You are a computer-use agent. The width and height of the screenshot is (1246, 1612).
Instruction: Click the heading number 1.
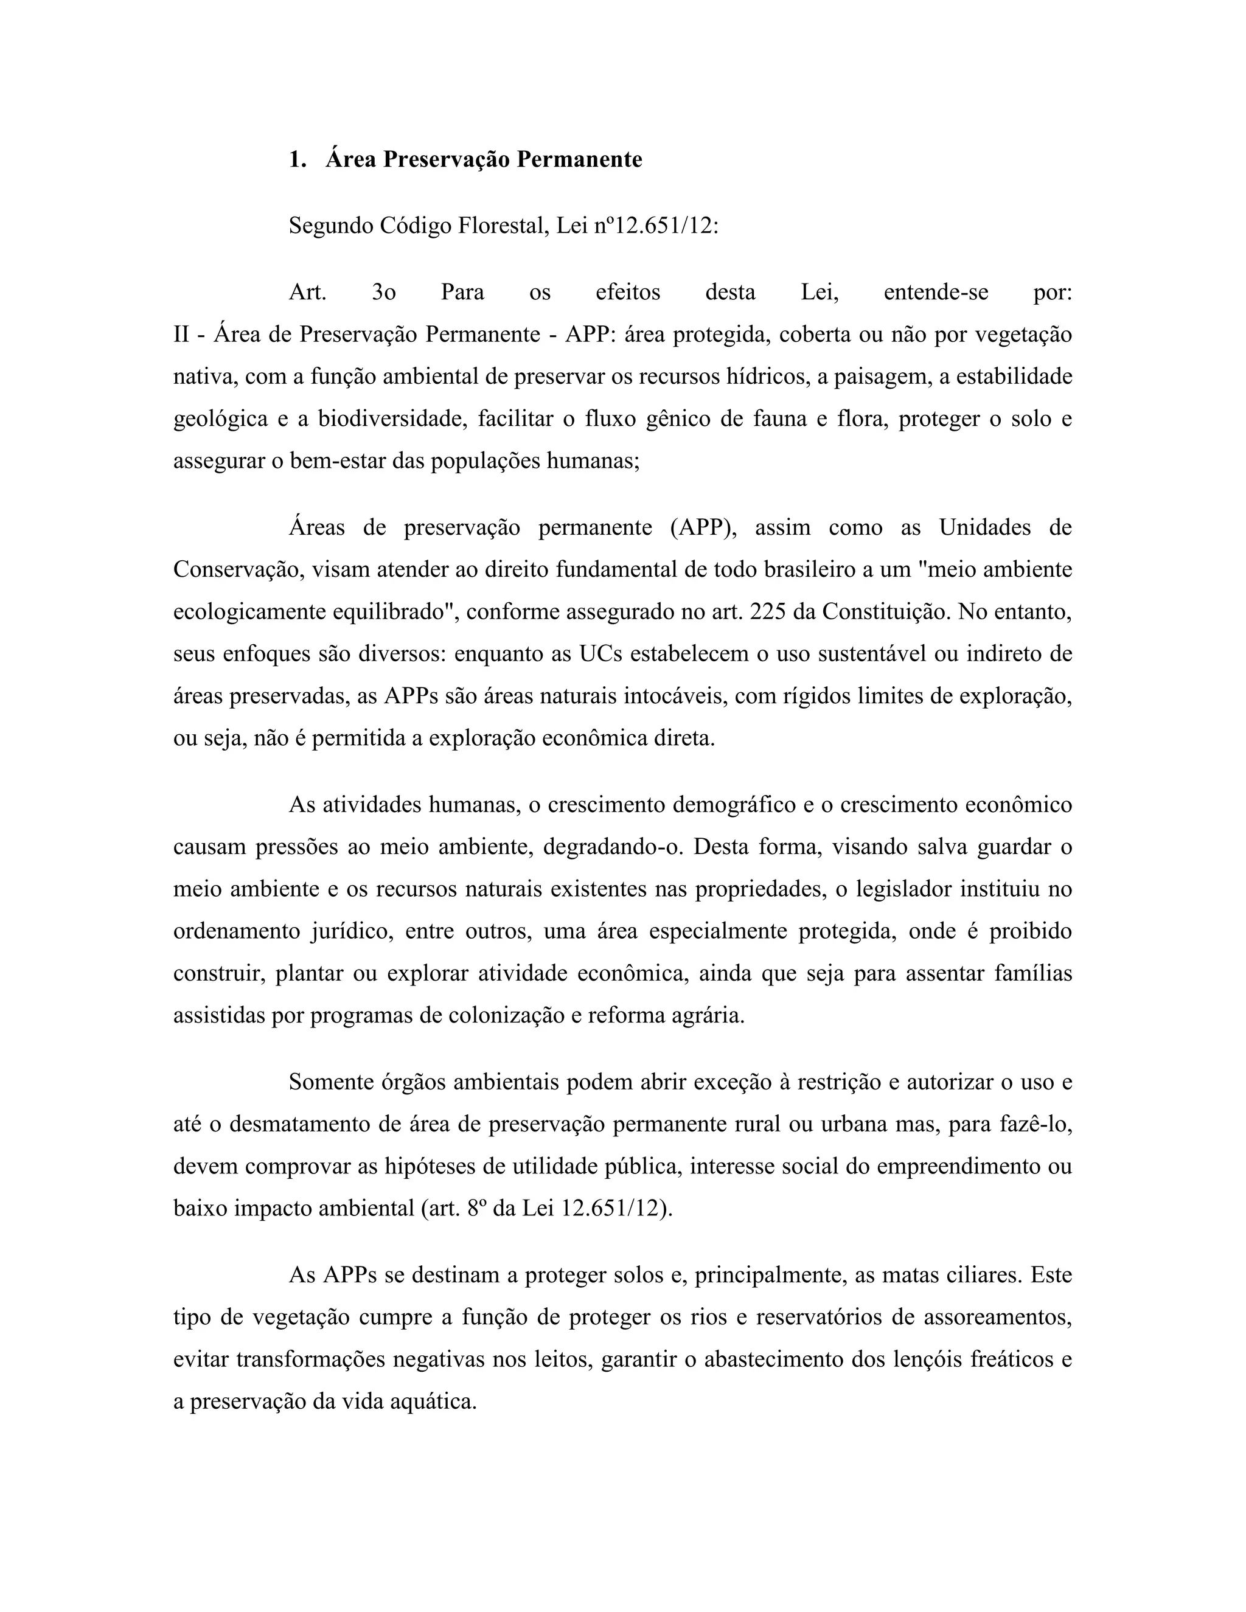pyautogui.click(x=297, y=159)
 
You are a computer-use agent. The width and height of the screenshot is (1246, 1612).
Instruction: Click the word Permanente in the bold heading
pyautogui.click(x=579, y=159)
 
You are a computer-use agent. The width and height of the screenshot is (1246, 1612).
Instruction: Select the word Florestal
pyautogui.click(x=503, y=226)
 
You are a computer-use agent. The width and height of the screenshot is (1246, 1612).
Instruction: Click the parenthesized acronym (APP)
pyautogui.click(x=703, y=528)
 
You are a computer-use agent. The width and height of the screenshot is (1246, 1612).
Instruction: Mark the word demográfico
pyautogui.click(x=734, y=805)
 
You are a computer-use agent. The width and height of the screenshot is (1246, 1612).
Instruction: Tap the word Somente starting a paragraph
pyautogui.click(x=330, y=1082)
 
